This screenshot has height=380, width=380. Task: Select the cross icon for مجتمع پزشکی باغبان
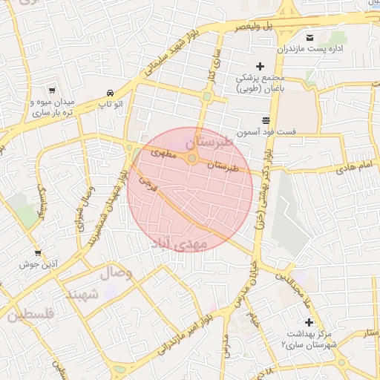tap(260, 66)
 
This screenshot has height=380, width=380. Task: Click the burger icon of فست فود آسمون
tap(266, 120)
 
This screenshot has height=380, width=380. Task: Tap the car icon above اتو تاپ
tap(110, 93)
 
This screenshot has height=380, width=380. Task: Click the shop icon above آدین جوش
tap(38, 252)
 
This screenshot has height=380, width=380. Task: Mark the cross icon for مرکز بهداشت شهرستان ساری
tap(309, 321)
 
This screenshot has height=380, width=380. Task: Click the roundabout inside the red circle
tap(192, 159)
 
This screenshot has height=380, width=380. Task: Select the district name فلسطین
tap(30, 316)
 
